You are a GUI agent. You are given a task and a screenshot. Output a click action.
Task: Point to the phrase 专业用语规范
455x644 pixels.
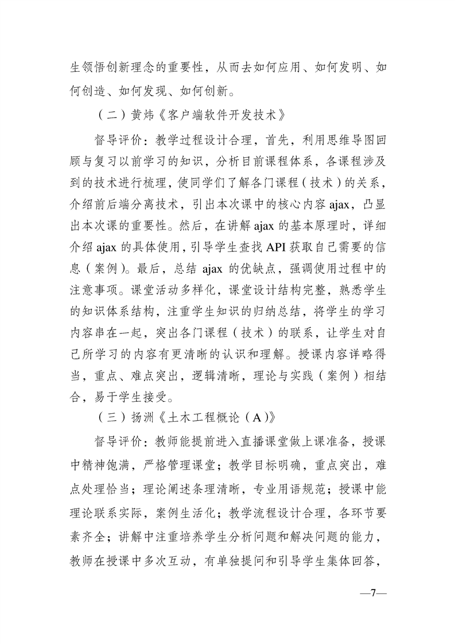(289, 493)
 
